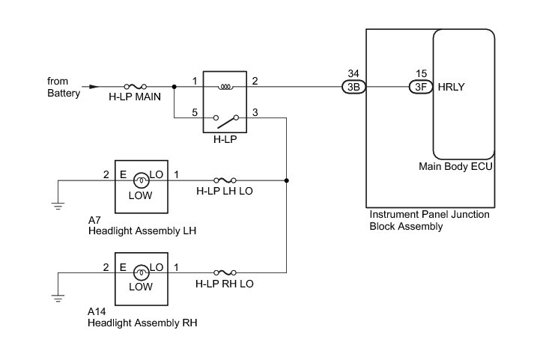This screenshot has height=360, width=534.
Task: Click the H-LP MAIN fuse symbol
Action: point(136,87)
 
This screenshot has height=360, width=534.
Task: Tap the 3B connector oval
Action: point(354,87)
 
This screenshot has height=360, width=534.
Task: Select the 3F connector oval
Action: point(421,87)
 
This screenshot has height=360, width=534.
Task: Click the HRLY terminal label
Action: point(451,87)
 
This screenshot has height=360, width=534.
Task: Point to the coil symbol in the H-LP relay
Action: point(225,87)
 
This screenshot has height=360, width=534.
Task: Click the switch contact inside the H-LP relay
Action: point(226,121)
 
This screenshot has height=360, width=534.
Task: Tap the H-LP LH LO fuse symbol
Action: point(225,180)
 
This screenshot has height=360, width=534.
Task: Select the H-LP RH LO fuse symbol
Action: point(225,272)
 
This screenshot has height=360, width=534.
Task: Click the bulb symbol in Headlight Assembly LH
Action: point(142,180)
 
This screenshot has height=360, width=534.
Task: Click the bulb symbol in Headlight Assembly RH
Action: point(142,272)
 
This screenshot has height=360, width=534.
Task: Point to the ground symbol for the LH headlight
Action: point(58,206)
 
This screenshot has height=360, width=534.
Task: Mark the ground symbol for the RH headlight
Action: point(58,299)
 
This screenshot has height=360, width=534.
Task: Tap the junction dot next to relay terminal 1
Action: point(174,87)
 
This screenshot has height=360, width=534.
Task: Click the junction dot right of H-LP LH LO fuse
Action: point(286,180)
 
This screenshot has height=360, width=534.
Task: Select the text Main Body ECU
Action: point(455,166)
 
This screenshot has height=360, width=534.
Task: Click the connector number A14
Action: point(97,311)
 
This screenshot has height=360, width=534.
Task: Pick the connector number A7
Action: point(94,220)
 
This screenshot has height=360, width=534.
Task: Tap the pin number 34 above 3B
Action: point(354,73)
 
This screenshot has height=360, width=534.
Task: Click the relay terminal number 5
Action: point(195,112)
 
